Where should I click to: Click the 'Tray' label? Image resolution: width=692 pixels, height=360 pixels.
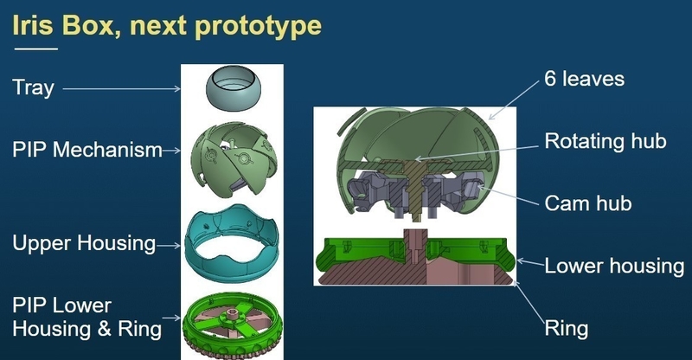[32, 87]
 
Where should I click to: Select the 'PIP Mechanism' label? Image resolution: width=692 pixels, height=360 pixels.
[87, 150]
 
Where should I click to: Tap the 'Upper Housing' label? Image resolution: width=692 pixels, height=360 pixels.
[83, 244]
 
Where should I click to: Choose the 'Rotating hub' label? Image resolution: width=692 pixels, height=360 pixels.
[605, 141]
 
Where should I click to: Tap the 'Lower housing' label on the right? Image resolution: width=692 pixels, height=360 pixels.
[614, 265]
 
